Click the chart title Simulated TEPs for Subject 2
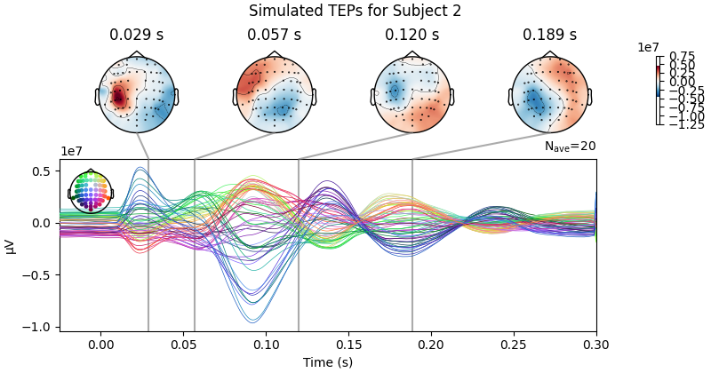355,12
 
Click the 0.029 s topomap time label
136,36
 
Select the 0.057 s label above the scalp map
274,36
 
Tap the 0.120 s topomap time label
411,36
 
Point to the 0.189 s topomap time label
549,36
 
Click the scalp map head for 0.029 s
136,94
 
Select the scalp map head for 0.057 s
274,94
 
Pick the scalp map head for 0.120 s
411,94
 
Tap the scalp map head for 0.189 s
549,94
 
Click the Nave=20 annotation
570,147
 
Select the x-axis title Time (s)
327,362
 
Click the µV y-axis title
11,245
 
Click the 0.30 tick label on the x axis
595,345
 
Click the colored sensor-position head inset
91,192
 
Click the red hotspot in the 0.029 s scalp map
117,97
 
